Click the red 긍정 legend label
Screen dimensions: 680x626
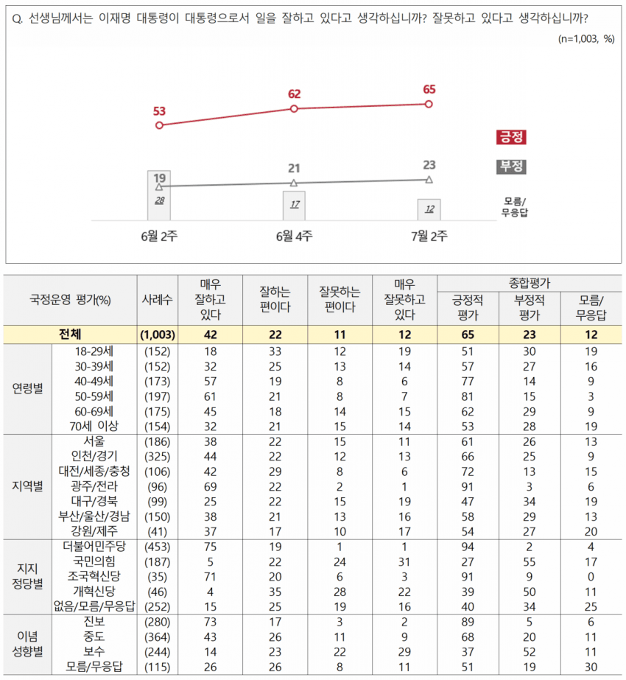tap(512, 137)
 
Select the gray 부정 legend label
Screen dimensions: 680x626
tap(512, 167)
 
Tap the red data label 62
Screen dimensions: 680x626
tap(295, 94)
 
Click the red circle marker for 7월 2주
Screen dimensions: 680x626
tap(429, 104)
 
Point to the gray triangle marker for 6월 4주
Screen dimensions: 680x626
tap(294, 183)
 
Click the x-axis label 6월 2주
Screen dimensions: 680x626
tap(158, 236)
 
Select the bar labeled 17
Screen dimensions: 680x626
tap(294, 205)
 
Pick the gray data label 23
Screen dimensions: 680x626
tap(429, 164)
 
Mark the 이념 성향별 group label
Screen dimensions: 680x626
tap(29, 642)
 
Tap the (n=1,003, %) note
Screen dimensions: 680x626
tap(585, 39)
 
